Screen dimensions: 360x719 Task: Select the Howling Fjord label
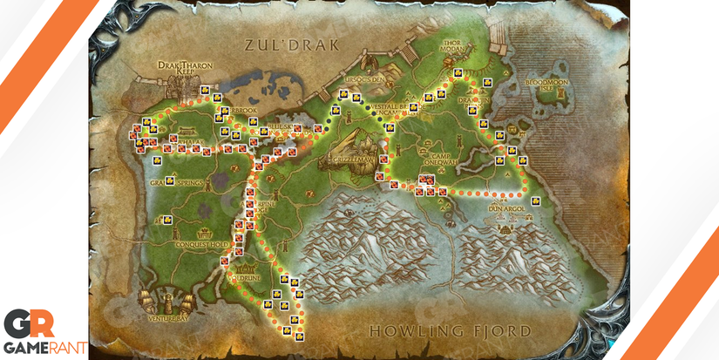450,331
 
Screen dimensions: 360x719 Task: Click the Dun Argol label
505,210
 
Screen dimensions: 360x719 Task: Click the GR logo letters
29,324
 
